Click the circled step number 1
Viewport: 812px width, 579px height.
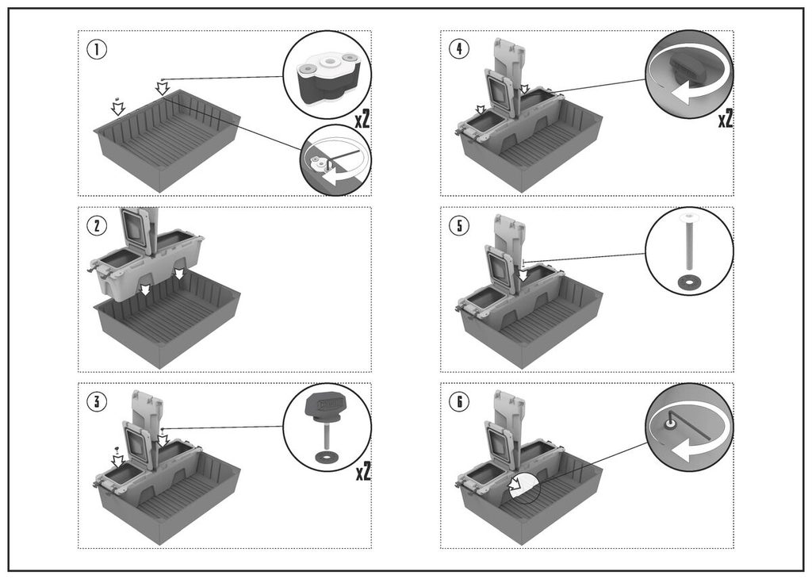(97, 49)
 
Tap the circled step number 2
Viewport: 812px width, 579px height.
(97, 226)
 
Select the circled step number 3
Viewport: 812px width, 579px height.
(97, 401)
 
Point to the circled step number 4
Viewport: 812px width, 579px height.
(458, 49)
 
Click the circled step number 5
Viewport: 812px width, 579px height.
(458, 226)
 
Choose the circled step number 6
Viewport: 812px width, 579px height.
(458, 401)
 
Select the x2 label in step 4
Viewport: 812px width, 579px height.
(724, 119)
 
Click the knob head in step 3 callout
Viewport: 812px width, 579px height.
(326, 405)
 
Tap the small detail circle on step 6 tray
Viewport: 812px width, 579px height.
(523, 486)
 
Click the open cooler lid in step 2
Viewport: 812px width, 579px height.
(136, 230)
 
